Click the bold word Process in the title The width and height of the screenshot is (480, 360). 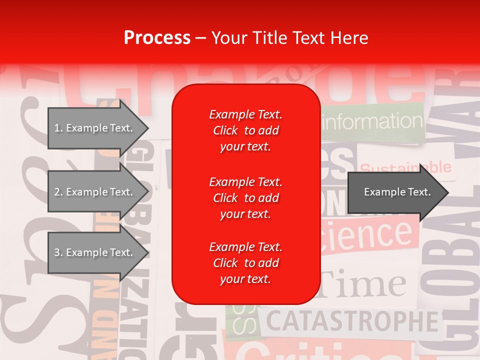tap(156, 38)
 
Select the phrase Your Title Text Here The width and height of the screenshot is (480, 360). tap(289, 38)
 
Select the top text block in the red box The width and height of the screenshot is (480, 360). tap(245, 130)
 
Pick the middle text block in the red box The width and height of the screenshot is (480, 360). tap(245, 198)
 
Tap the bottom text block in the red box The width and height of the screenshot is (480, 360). tap(245, 263)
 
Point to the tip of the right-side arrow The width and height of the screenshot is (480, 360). tap(447, 192)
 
